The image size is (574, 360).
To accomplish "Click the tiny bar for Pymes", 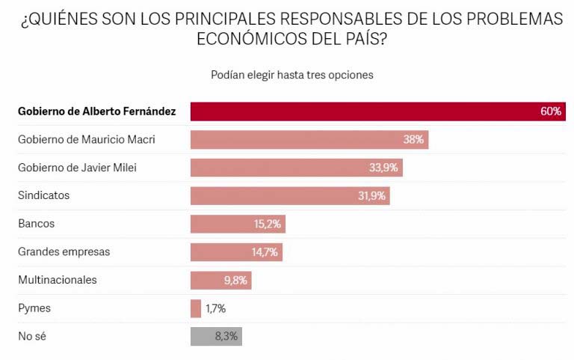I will (196, 308).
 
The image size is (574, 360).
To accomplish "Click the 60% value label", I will (551, 112).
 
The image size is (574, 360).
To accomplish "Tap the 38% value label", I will (414, 140).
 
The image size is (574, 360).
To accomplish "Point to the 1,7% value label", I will (215, 308).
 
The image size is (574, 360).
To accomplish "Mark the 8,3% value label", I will (226, 336).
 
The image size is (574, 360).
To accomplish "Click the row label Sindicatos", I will (43, 195).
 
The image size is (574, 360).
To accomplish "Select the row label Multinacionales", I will (58, 280).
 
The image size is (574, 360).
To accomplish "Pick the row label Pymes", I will (34, 308).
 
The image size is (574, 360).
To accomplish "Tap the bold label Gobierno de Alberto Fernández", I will (97, 112).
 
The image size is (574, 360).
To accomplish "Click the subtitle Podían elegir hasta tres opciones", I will (292, 75).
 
